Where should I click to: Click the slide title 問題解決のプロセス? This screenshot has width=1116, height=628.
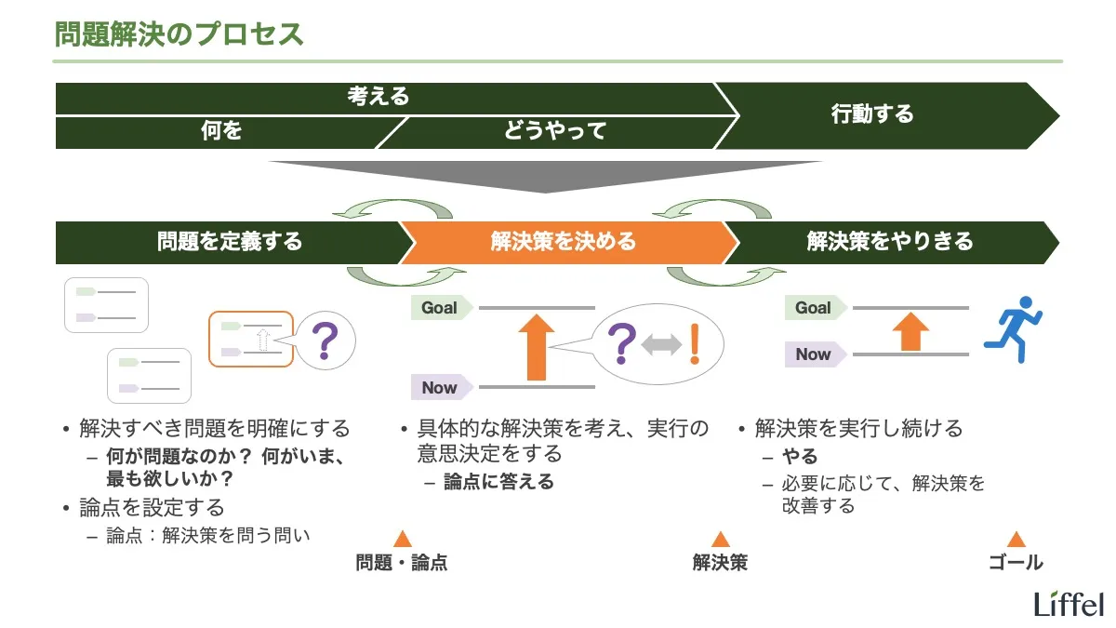tap(179, 33)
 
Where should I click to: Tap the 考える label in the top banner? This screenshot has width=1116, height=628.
tap(379, 97)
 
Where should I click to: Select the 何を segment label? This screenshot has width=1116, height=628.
tap(221, 131)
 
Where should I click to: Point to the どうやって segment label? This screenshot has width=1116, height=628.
tap(555, 131)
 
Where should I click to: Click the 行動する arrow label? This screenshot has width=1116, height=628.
tap(872, 114)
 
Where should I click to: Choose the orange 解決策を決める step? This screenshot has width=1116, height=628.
tap(564, 242)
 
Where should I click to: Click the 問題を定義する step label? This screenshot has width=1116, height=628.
tap(230, 242)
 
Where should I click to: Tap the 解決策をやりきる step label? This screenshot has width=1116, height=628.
tap(890, 242)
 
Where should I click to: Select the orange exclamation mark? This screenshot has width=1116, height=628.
tap(694, 344)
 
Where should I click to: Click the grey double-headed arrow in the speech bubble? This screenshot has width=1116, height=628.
tap(661, 345)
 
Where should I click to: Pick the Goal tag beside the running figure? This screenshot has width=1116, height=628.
tap(814, 308)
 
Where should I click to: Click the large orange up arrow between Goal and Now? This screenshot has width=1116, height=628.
tap(536, 346)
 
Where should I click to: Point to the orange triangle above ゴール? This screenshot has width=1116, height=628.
tap(1016, 539)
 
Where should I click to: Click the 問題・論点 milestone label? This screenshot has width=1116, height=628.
tap(402, 563)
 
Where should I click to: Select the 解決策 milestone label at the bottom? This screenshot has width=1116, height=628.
tap(720, 563)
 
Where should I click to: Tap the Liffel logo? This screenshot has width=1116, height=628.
tap(1069, 604)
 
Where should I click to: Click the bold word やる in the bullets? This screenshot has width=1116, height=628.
tap(799, 456)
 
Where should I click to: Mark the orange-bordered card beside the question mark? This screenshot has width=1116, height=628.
tap(251, 339)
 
